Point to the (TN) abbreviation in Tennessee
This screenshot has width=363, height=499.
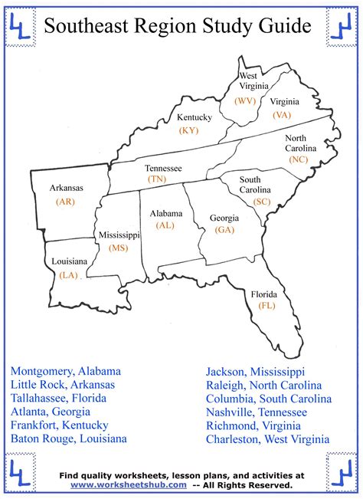coord(157,179)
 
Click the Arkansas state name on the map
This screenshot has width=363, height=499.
coord(67,187)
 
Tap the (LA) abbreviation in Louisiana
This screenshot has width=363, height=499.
coord(69,274)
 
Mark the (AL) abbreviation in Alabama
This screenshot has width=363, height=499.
coord(165,225)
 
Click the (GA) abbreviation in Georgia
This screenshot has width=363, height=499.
coord(224,229)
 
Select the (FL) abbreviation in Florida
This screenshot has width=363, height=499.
coord(267,305)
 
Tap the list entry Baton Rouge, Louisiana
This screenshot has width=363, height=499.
coord(69,439)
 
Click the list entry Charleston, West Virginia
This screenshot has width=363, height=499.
coord(268,439)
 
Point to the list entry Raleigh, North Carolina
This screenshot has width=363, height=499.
coord(264,385)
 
